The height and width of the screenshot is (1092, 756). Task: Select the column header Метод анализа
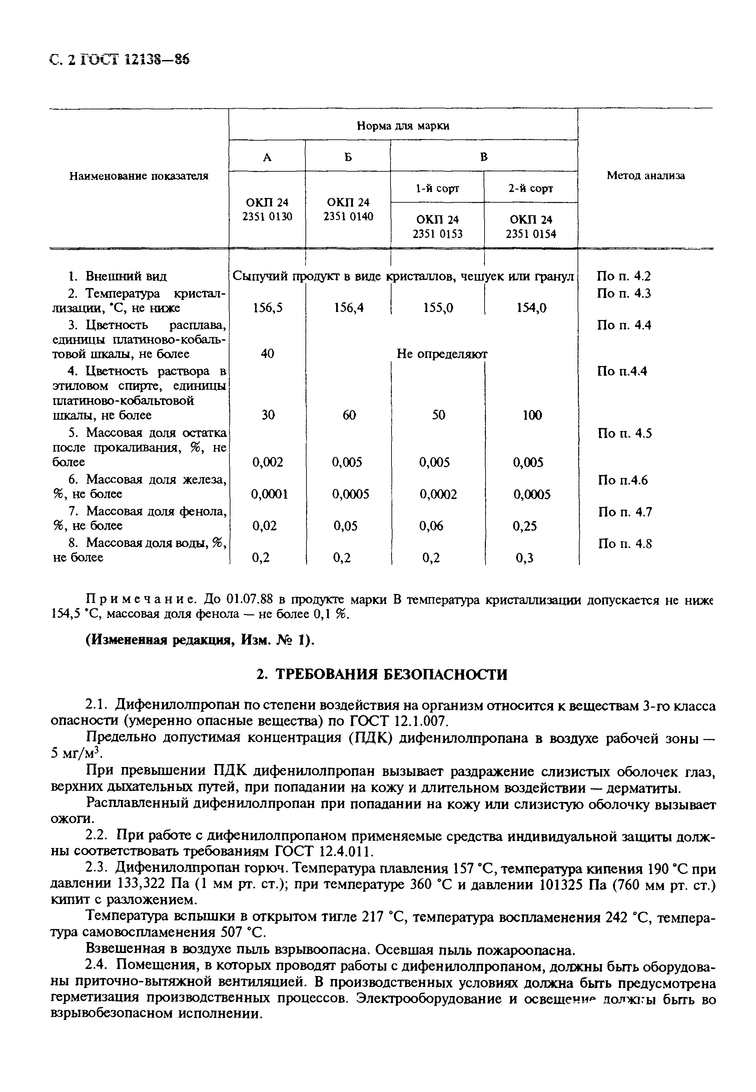[645, 176]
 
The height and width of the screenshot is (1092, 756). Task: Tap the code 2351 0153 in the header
[437, 234]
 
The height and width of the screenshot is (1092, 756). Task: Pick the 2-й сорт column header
[531, 188]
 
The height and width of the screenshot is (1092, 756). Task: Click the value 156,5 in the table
[267, 308]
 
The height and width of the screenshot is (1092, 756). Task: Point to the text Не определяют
[442, 354]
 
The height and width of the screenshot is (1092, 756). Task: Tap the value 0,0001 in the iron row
[269, 495]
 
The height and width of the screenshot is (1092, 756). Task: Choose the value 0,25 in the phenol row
[525, 526]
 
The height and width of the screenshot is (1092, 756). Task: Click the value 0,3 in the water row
[524, 558]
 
